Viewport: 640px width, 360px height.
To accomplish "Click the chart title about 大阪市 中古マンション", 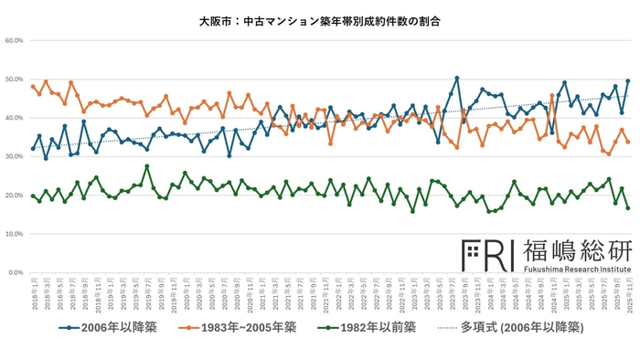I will click(x=319, y=20).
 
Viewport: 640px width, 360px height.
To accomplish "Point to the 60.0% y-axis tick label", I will click(x=14, y=40).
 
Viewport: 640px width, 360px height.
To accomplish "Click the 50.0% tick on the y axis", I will click(x=14, y=79).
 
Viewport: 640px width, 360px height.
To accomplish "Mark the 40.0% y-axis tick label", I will click(x=14, y=118).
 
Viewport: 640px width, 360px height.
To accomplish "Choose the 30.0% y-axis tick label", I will click(x=14, y=157).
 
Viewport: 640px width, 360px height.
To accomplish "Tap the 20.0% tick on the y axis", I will click(x=14, y=196).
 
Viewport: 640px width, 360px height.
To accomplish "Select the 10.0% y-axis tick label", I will click(x=14, y=234).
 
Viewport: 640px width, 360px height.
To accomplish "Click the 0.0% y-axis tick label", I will click(x=16, y=273).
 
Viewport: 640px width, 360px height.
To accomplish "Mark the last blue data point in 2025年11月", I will click(x=628, y=81).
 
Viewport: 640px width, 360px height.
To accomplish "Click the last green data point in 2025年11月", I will click(x=628, y=208).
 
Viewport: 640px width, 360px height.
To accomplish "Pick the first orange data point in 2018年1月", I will click(x=33, y=87).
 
